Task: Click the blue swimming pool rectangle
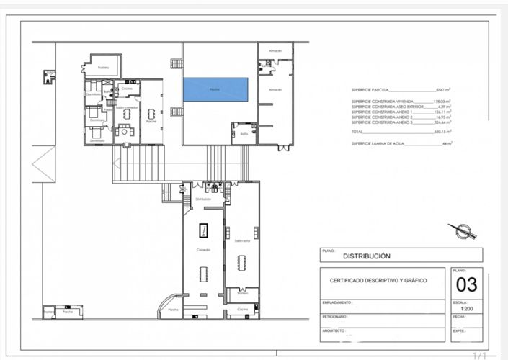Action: [216, 89]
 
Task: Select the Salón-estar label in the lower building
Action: [241, 240]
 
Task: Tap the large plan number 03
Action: [467, 283]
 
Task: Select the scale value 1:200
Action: [467, 309]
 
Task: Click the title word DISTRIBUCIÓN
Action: [366, 256]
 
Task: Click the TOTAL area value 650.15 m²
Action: [441, 132]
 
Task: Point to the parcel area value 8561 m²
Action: [442, 90]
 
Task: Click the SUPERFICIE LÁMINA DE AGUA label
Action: [381, 144]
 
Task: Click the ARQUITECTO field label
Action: [335, 330]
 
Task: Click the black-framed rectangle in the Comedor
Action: [203, 230]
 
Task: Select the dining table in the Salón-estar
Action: [242, 263]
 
